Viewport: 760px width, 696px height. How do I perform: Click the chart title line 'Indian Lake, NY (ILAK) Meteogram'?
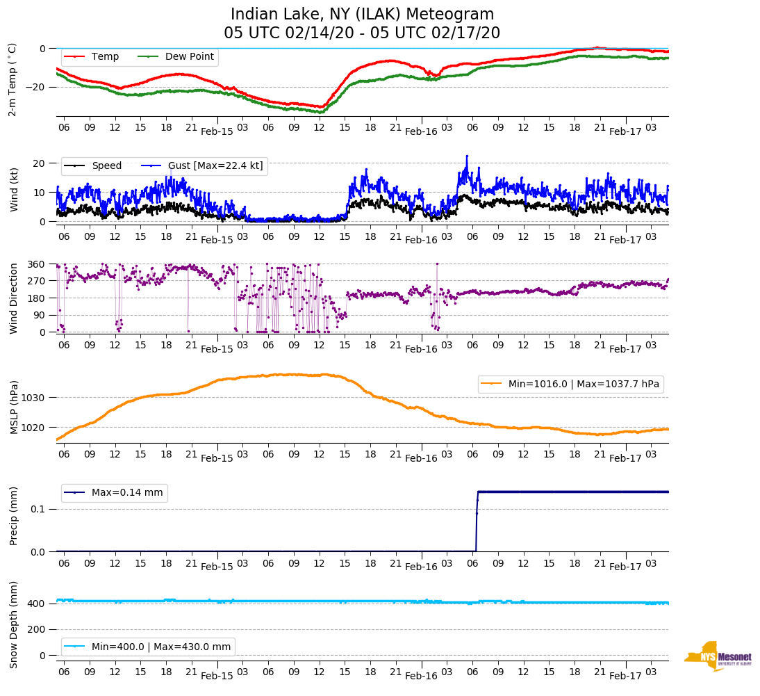click(x=362, y=15)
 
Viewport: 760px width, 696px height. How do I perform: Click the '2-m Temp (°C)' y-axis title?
click(x=12, y=79)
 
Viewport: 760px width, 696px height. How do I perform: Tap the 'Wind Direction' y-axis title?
click(x=13, y=298)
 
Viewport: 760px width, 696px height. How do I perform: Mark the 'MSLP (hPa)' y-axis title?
click(x=13, y=407)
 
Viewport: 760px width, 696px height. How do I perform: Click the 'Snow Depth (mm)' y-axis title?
click(x=13, y=624)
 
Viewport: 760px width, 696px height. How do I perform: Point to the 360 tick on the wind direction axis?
click(x=37, y=264)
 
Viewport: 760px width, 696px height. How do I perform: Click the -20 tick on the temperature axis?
click(x=35, y=87)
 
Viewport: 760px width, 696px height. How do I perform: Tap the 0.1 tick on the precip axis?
click(x=38, y=509)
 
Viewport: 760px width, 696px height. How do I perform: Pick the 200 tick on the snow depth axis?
click(x=37, y=629)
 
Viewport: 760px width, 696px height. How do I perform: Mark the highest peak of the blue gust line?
click(x=467, y=156)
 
